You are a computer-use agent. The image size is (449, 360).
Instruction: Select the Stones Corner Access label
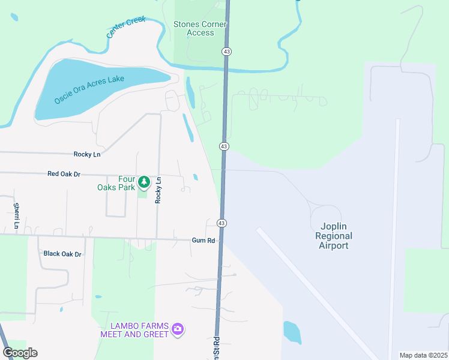tap(200, 28)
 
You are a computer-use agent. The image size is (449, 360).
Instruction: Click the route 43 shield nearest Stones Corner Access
tap(226, 52)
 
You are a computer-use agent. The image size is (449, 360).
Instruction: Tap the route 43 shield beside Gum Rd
tap(221, 223)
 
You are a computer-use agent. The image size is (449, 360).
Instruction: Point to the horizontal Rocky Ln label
tap(87, 154)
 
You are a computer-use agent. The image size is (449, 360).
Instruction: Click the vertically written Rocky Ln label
tap(158, 190)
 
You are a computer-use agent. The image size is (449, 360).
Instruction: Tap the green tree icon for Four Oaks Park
tap(143, 181)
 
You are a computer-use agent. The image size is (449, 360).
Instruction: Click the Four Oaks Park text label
tap(116, 182)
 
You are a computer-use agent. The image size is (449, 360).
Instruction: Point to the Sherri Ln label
tap(16, 216)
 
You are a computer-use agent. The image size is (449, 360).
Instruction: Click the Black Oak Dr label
tap(62, 254)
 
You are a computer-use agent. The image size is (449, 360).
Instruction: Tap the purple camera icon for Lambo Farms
tap(177, 329)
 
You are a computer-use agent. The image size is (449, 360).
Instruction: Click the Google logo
tap(20, 352)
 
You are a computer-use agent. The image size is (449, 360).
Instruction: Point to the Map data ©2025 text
tap(423, 355)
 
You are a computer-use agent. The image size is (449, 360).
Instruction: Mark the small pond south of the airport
tap(292, 332)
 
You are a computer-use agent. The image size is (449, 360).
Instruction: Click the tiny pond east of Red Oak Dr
tap(196, 177)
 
